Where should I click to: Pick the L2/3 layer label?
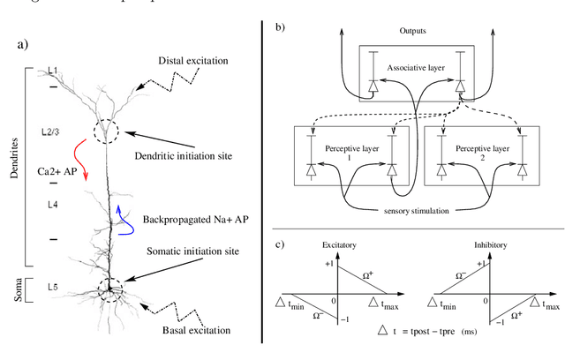coord(52,131)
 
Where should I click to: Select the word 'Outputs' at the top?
coord(414,32)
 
